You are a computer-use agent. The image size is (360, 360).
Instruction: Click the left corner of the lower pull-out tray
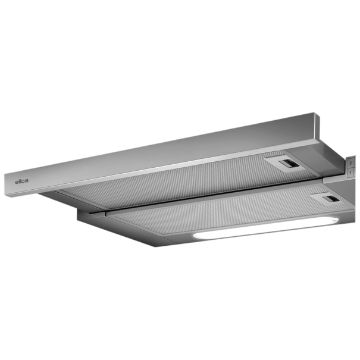click(79, 218)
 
